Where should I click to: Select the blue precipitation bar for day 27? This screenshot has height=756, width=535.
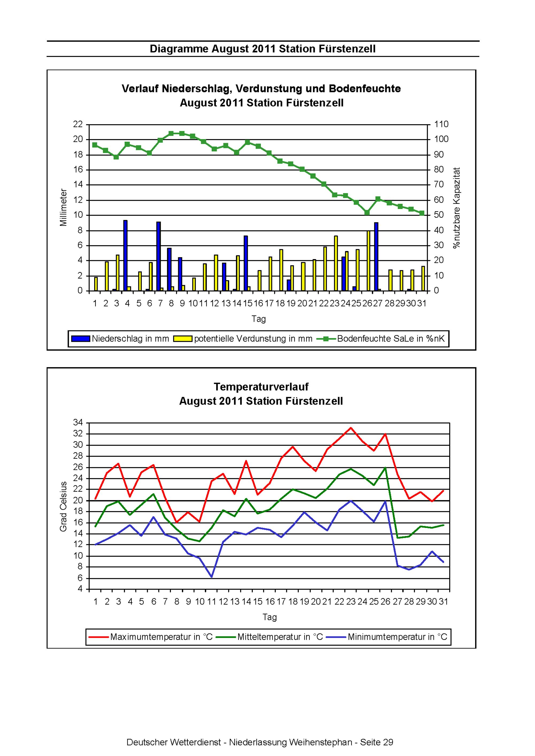(x=376, y=257)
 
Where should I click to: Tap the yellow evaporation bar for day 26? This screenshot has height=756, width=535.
(x=369, y=261)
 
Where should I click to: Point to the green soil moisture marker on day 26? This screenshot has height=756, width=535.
(x=367, y=213)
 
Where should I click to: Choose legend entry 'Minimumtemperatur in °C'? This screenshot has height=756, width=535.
(x=387, y=637)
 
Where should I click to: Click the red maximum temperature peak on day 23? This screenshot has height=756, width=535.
(x=351, y=428)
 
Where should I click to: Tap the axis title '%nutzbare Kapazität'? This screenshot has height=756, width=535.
(x=457, y=208)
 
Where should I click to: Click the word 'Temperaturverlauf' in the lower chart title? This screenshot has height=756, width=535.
(x=261, y=387)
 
